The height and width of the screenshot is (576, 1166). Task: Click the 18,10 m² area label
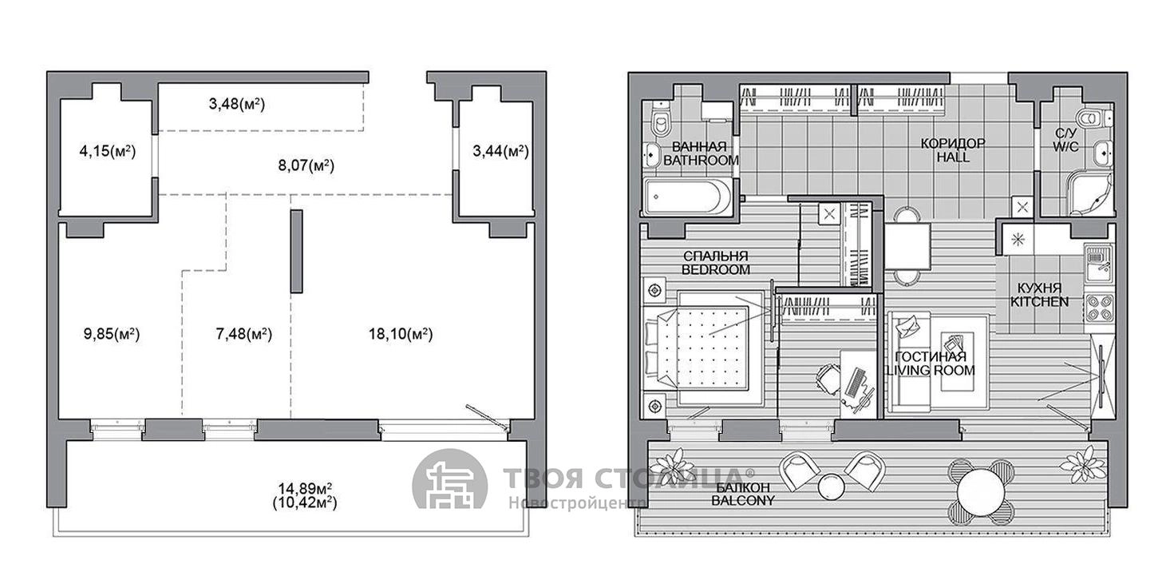[x=401, y=334]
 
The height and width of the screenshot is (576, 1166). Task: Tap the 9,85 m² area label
[x=112, y=334]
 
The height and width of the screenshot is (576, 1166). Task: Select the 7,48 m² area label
[x=243, y=334]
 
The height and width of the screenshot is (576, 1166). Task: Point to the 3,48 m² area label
[x=237, y=104]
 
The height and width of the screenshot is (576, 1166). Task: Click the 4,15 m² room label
[x=107, y=152]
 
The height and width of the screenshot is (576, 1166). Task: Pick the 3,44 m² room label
[x=500, y=152]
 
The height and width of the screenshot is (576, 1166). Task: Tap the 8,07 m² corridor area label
[x=306, y=165]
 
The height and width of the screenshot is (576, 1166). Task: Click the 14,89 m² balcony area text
[x=305, y=489]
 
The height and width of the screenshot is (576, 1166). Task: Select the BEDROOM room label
[x=716, y=270]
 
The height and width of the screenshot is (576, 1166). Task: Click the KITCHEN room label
[x=1040, y=302]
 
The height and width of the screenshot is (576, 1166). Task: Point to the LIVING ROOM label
[x=931, y=371]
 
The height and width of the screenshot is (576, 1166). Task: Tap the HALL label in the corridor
[x=953, y=157]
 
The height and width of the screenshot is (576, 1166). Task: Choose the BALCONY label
[x=743, y=501]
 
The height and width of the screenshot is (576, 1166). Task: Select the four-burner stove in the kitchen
[x=1100, y=308]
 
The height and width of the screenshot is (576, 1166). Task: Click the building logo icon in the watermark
[x=451, y=479]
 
